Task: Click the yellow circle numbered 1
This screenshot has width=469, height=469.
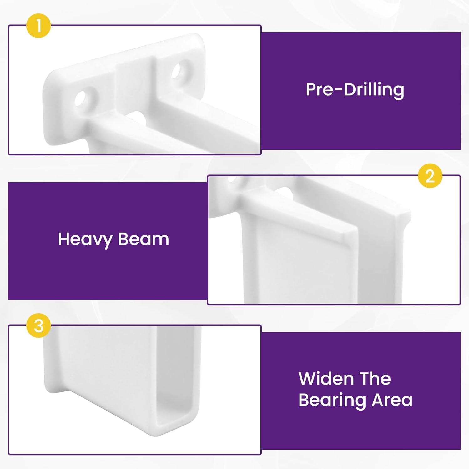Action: (38, 26)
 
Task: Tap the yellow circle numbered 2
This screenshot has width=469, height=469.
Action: (430, 176)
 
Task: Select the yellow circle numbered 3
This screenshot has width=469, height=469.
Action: (38, 326)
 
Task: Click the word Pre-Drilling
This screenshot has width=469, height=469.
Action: (355, 90)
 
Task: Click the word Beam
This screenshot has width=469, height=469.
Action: (144, 239)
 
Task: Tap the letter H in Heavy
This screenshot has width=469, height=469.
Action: (63, 239)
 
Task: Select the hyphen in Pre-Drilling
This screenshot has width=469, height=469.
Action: (338, 90)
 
